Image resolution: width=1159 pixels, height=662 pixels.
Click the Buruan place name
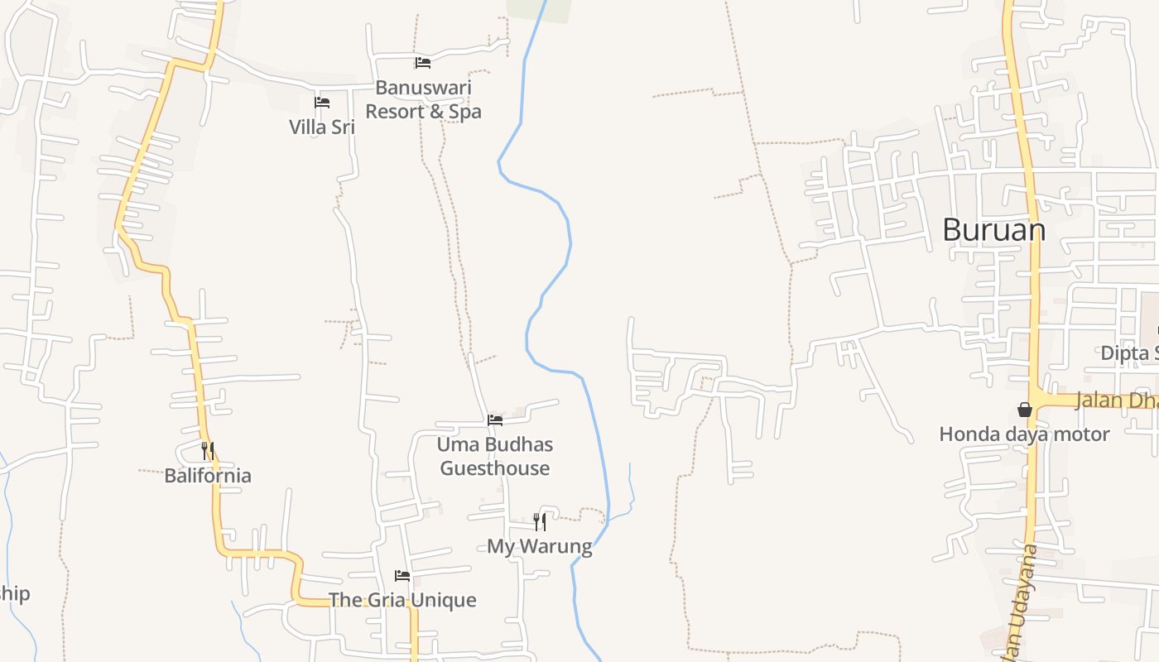tap(993, 230)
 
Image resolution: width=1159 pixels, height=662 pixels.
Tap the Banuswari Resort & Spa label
tap(423, 99)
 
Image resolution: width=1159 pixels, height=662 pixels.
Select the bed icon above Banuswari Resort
tap(423, 63)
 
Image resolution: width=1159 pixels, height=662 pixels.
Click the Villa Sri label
tap(322, 127)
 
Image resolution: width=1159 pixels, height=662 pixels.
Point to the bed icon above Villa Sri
tap(322, 103)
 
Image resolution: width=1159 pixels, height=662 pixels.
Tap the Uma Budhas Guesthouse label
tap(495, 456)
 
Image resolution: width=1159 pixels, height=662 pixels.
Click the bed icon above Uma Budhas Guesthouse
tap(495, 420)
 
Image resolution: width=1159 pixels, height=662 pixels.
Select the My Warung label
tap(540, 546)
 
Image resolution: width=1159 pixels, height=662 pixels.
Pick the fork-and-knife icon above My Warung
tap(540, 521)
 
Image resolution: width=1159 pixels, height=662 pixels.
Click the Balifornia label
tap(208, 475)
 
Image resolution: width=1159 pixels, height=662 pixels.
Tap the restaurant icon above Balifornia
tap(208, 451)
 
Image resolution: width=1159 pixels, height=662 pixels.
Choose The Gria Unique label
tap(402, 600)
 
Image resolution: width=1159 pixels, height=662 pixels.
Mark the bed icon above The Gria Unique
tap(402, 576)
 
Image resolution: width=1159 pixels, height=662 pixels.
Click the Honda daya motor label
tap(1024, 434)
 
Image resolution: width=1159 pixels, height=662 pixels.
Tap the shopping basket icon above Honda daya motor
tap(1025, 410)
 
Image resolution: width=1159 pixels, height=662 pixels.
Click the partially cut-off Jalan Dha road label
tap(1116, 401)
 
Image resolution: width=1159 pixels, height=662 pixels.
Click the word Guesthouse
tap(495, 468)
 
